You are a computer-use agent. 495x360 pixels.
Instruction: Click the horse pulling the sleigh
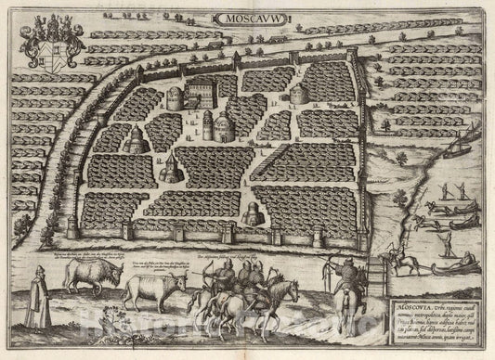tap(405, 264)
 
